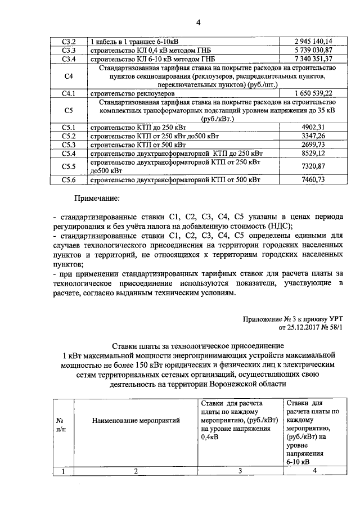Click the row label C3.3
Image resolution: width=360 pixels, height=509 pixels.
point(69,50)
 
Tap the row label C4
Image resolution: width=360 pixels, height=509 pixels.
point(69,76)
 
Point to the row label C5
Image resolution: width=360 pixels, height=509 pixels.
point(69,110)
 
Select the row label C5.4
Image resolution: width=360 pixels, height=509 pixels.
point(69,153)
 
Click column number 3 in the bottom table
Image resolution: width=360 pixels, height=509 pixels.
point(240,472)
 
